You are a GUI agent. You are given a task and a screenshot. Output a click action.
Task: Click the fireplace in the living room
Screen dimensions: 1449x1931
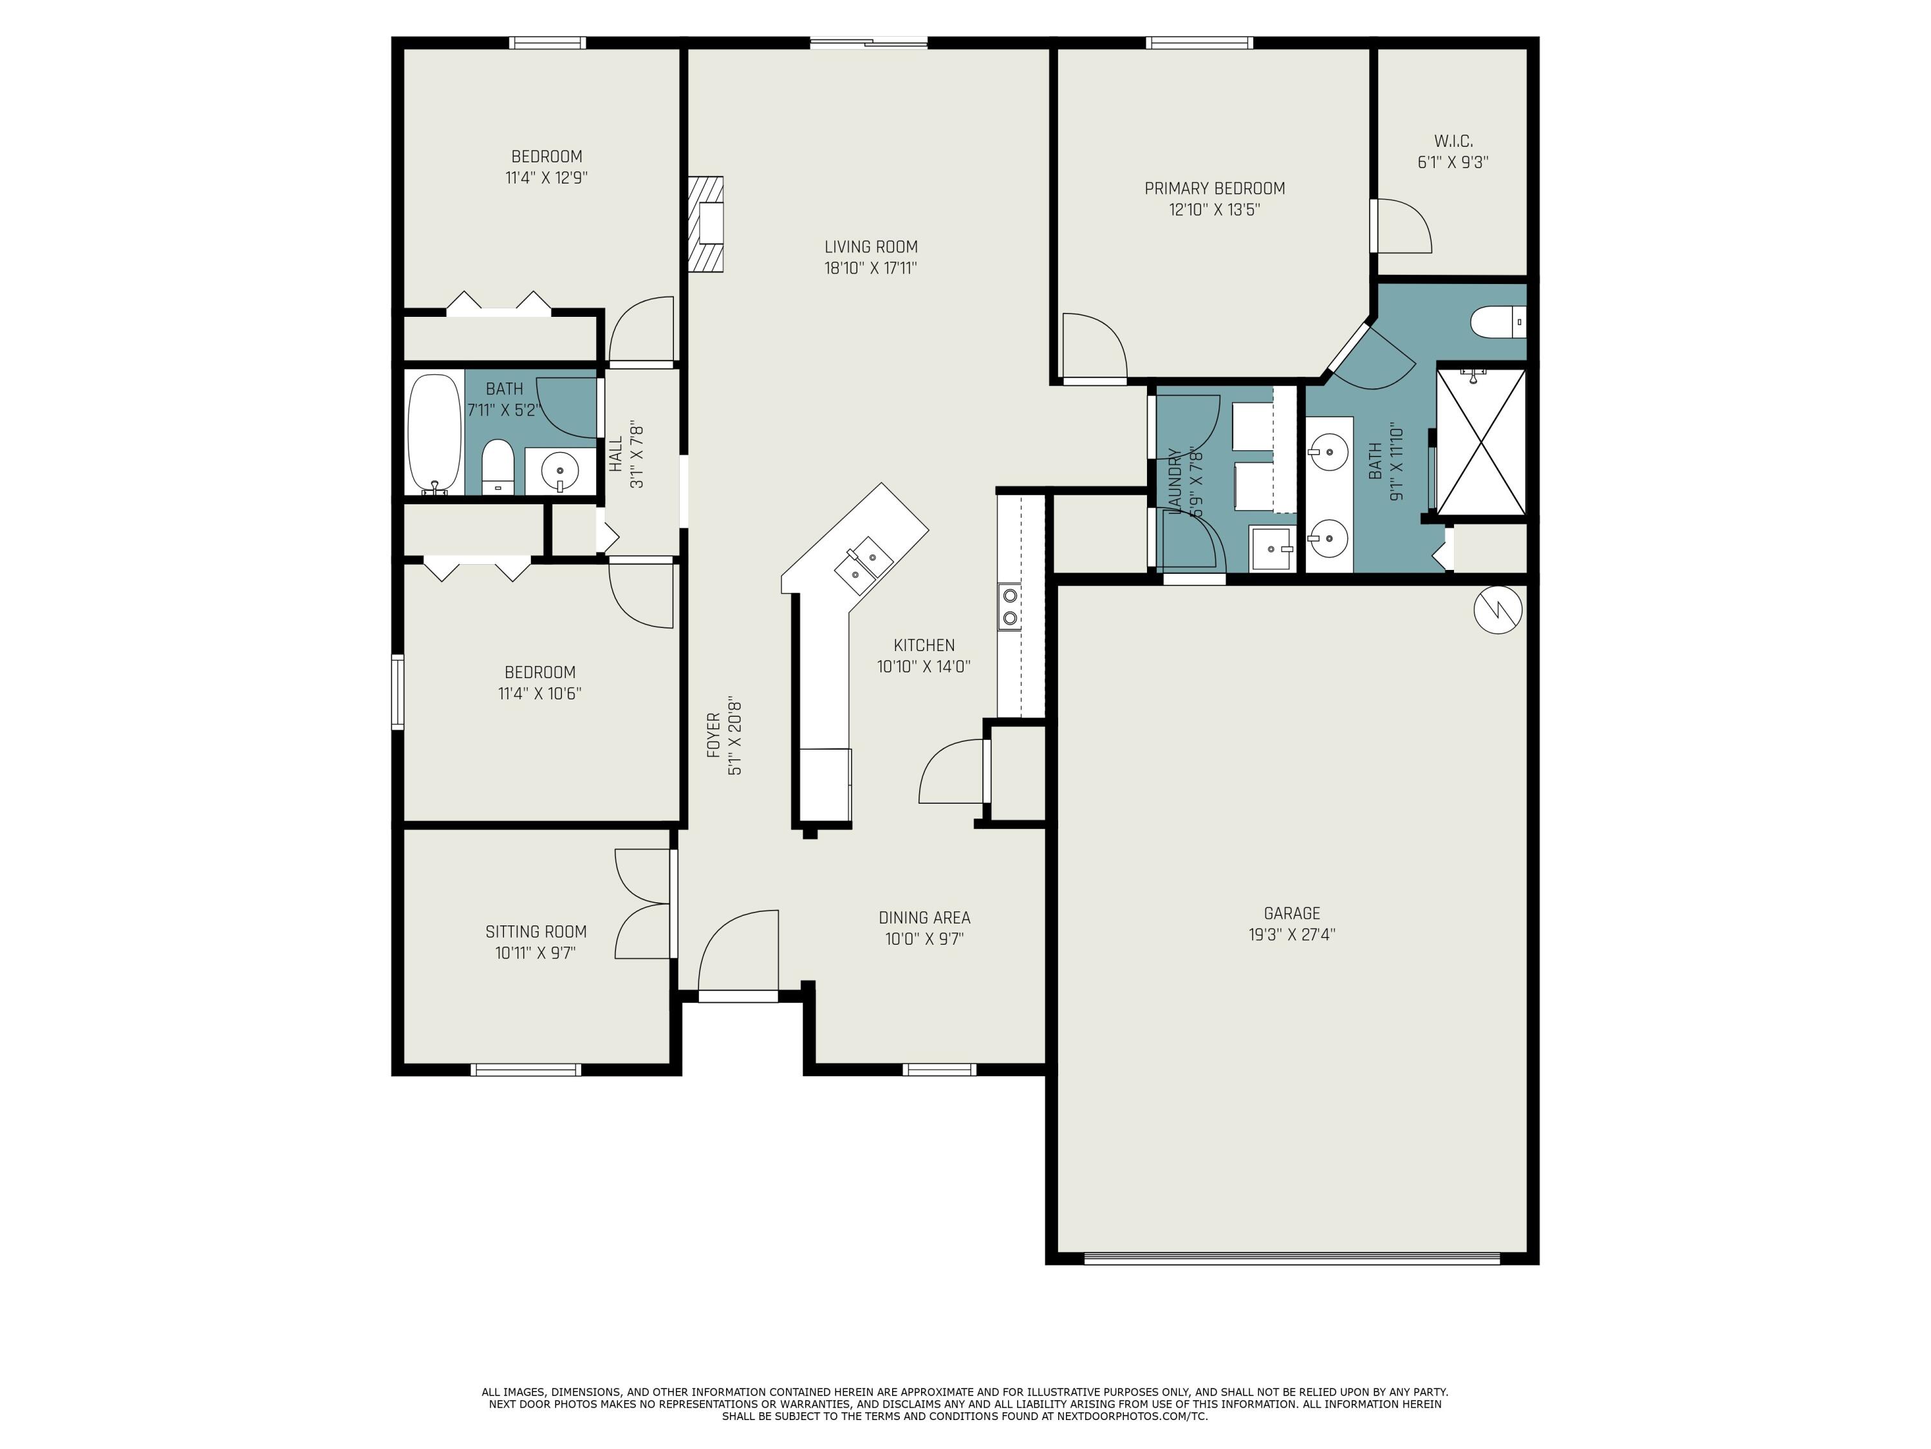pos(705,225)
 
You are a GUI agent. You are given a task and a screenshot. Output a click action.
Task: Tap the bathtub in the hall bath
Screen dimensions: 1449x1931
pos(434,433)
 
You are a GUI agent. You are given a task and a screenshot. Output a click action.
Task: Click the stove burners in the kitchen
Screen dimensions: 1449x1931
pos(1010,606)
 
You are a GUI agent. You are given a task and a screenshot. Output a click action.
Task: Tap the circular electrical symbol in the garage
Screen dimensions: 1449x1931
pos(1498,610)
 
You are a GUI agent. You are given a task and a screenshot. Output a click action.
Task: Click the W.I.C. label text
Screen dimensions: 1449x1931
pos(1453,140)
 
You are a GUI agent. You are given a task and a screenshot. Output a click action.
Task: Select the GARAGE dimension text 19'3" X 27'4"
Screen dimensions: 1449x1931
pos(1291,934)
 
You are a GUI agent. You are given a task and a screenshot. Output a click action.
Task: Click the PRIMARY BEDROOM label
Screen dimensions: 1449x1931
pos(1215,189)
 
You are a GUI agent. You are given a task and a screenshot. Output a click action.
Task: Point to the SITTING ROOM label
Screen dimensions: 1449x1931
pos(536,932)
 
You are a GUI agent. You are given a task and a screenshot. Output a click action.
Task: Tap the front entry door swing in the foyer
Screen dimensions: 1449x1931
pos(738,952)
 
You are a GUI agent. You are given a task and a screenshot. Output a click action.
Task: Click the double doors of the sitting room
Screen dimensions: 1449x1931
pos(644,904)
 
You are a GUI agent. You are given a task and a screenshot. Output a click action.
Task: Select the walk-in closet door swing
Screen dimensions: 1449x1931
pos(1402,226)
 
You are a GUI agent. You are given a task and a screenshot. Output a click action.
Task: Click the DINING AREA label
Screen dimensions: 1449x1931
pos(924,918)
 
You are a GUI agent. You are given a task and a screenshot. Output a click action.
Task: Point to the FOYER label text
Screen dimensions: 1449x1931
pos(713,735)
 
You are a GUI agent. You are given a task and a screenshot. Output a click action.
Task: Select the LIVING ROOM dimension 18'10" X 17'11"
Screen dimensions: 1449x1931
pos(870,268)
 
